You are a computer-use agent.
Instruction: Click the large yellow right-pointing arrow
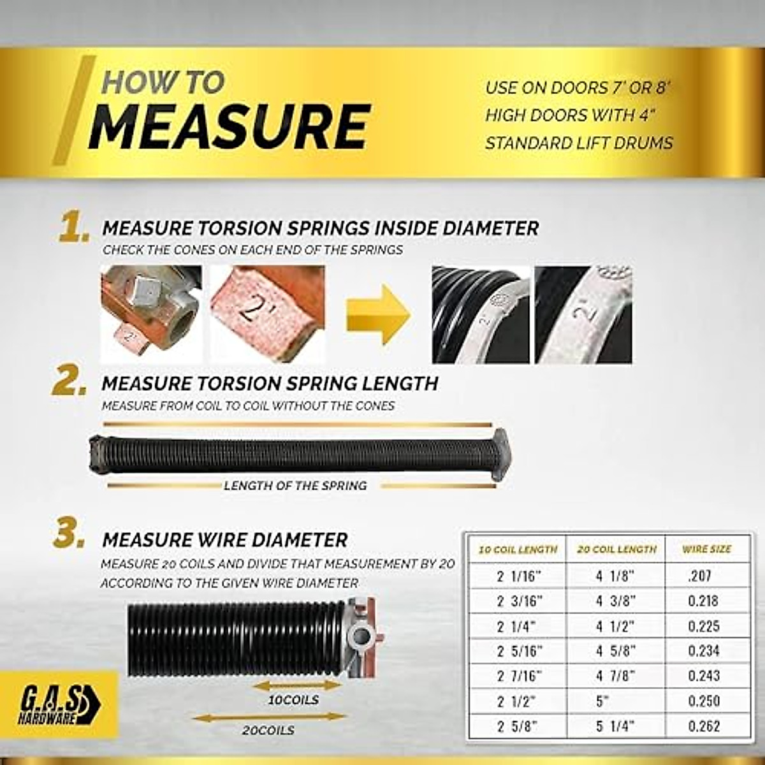click(x=377, y=315)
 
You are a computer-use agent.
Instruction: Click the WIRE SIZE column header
click(x=706, y=550)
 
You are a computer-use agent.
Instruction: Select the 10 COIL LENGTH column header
click(x=518, y=550)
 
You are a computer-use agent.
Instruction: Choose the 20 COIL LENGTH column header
click(x=616, y=550)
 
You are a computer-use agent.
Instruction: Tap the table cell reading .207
click(x=699, y=576)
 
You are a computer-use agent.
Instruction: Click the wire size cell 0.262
click(x=703, y=726)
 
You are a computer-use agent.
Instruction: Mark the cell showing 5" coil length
click(x=602, y=701)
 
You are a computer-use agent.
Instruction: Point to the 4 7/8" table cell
click(x=616, y=676)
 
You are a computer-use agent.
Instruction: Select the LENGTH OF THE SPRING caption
click(x=295, y=486)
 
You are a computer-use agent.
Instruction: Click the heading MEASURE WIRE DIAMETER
click(x=225, y=540)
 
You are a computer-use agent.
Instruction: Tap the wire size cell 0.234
click(x=703, y=651)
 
